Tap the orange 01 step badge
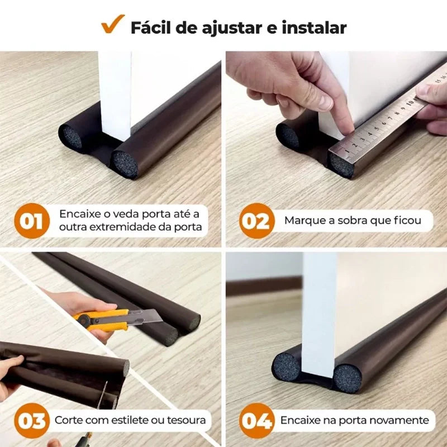(32, 221)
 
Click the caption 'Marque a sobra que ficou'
(353, 220)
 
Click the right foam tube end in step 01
(124, 163)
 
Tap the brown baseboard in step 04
(263, 287)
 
